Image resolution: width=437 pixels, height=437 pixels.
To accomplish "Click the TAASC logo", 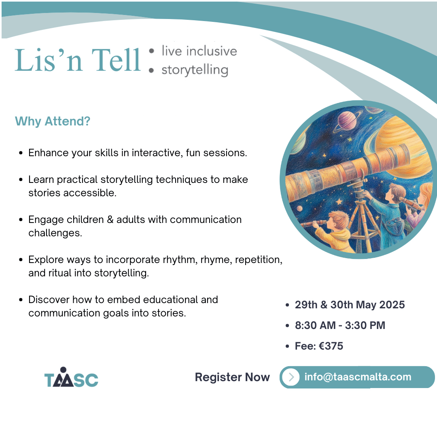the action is (71, 378).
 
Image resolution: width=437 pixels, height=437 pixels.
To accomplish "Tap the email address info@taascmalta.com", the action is (358, 377).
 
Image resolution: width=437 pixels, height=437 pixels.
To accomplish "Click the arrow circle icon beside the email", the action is (291, 377).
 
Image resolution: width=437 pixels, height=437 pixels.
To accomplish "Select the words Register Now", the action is (232, 377).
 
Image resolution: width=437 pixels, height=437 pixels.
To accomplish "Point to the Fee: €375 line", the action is (319, 346).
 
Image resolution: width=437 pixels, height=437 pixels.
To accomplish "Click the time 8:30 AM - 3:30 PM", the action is (340, 325).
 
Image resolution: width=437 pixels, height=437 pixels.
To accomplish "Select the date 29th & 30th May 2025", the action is (350, 305).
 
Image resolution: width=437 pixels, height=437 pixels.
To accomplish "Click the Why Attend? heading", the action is (52, 121).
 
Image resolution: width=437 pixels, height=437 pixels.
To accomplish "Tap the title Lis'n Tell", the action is (77, 60).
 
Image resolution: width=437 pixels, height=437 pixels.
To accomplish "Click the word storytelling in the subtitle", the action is (195, 70).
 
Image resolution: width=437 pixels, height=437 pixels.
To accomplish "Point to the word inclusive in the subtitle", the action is (212, 51).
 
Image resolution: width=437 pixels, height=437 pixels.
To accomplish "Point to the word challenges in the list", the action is (55, 233).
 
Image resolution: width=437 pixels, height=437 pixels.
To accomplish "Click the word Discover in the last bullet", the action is (49, 299).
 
